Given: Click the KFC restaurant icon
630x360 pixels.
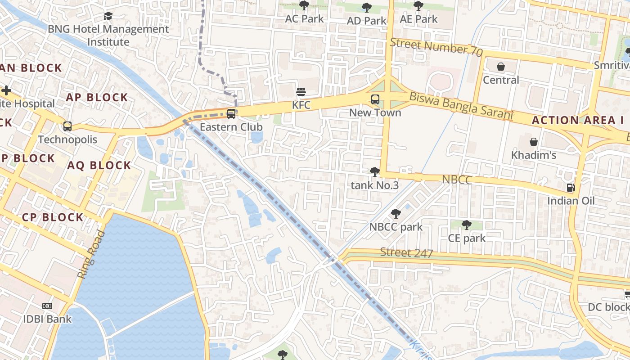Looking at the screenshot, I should [301, 92].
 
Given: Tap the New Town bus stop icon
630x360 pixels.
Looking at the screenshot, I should [375, 99].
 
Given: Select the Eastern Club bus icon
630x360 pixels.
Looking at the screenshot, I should [231, 114].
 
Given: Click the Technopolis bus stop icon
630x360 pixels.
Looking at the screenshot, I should [67, 126].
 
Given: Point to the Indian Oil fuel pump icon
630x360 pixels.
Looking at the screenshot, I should [571, 188].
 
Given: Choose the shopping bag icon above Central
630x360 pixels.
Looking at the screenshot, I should [501, 67].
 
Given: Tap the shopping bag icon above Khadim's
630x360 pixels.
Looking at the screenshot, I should [533, 142].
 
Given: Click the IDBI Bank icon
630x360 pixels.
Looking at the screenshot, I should [47, 306].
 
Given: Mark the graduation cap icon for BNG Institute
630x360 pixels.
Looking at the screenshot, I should [108, 16].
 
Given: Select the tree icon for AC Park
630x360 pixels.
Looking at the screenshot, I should [304, 6].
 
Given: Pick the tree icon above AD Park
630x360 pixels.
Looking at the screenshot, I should [367, 8].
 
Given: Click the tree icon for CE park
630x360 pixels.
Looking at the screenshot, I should [467, 225].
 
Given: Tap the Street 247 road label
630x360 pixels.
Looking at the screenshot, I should [406, 253].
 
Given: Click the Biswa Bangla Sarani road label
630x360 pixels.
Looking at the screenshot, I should [461, 106].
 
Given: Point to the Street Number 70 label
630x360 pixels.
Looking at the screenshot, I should [436, 47].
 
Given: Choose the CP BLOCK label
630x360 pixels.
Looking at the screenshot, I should [53, 217].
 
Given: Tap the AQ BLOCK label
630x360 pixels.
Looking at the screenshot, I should [99, 166].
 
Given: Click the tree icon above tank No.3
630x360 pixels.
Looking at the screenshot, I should [374, 171].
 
